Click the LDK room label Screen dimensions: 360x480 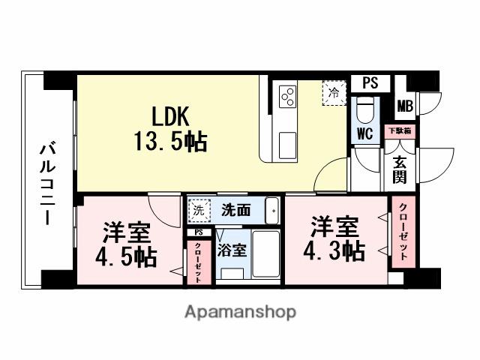174,115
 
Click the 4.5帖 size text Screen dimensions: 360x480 125,257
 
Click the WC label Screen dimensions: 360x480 365,134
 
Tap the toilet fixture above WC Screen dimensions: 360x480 365,109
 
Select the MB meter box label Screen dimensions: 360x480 405,106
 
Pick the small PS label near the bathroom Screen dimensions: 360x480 198,232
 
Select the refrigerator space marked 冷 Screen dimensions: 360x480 333,94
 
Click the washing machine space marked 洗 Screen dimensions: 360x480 198,210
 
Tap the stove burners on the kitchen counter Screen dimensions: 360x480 288,96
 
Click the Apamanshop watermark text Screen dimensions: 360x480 240,312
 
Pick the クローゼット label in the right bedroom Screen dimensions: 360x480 403,231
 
